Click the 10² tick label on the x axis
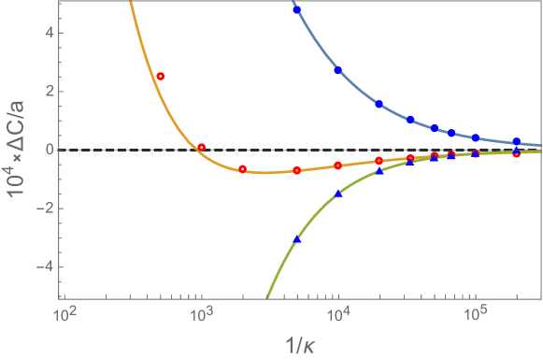64,316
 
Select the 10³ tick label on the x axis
200,316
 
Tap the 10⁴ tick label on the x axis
337,316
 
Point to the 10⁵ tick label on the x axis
475,316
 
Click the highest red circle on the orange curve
160,76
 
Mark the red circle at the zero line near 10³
201,147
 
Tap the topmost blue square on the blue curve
297,10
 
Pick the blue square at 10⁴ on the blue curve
338,71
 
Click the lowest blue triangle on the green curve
297,238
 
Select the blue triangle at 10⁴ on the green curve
338,194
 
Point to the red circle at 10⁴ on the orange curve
338,166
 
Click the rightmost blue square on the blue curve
517,142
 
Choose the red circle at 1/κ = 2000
242,169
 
